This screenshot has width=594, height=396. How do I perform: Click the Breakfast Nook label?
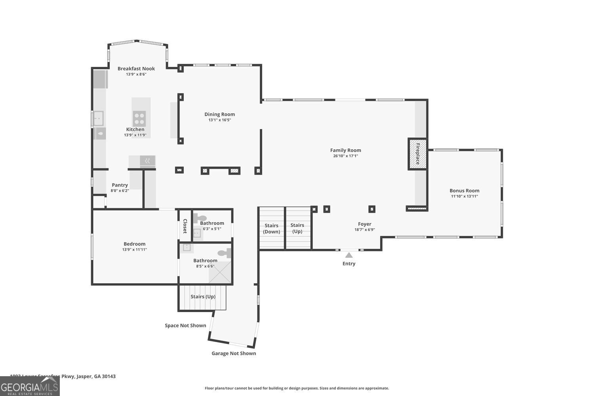[136, 69]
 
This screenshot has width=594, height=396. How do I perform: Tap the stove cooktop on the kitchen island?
[139, 118]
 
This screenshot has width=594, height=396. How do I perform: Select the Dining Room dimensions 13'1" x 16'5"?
[219, 120]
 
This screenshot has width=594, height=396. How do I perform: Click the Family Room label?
[345, 150]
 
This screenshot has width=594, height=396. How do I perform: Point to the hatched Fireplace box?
[417, 154]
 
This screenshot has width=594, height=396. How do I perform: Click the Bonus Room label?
[464, 190]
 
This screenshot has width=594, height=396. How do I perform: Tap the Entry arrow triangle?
[349, 255]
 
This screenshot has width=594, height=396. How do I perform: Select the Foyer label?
[364, 224]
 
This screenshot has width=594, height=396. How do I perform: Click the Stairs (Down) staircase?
[271, 228]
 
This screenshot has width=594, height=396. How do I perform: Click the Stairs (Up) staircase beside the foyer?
[297, 228]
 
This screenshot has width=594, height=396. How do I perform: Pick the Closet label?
[185, 226]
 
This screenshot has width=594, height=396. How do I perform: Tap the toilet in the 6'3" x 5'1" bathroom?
[201, 218]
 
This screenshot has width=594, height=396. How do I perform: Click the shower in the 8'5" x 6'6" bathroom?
[219, 272]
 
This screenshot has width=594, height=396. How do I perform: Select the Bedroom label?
[134, 244]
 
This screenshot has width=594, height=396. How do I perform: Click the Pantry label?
[120, 185]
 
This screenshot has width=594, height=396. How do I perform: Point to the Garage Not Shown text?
[234, 353]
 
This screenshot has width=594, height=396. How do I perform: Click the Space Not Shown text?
[185, 326]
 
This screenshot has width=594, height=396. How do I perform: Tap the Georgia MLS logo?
[30, 386]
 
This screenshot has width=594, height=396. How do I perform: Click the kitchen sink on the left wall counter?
[98, 118]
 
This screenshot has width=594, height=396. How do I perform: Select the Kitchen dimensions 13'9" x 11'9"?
[135, 135]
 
